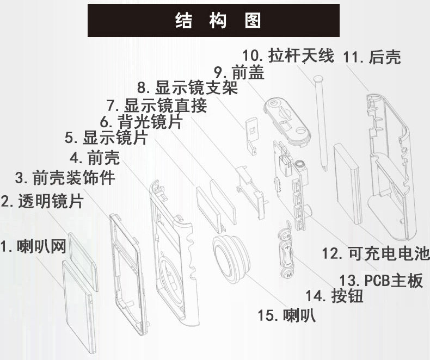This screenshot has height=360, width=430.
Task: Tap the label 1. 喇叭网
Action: coord(33,247)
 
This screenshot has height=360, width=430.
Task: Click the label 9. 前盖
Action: coord(239,72)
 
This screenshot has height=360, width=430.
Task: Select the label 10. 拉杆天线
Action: coord(288,55)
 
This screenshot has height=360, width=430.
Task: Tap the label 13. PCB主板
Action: coord(380,281)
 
